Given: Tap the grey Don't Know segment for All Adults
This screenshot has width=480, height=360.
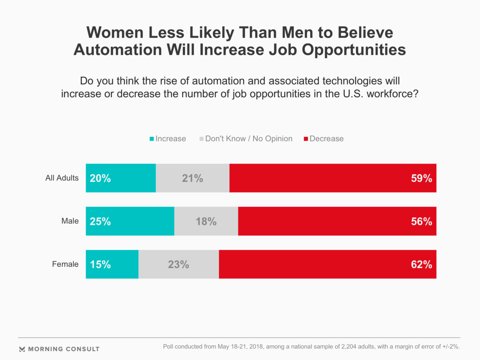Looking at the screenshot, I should coord(192,178).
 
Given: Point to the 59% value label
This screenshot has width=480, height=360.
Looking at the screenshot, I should coord(422,178).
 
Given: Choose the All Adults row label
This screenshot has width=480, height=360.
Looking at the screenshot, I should coord(62,178).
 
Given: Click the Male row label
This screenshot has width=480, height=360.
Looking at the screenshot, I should coord(70,221).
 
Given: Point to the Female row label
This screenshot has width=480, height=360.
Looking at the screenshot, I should coord(66,264).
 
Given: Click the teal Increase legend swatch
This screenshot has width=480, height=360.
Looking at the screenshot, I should coord(152,139).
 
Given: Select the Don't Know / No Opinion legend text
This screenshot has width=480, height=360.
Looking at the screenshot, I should coord(249,139).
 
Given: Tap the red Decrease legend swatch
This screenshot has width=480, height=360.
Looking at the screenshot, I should coord(306,139).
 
